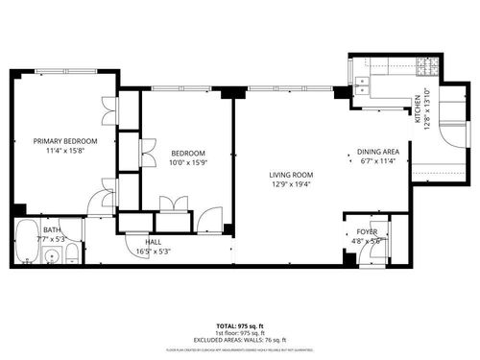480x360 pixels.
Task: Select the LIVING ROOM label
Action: point(292,174)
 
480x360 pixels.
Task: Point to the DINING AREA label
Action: point(377,152)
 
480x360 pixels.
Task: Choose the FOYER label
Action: point(367,231)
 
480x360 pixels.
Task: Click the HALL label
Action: point(154,242)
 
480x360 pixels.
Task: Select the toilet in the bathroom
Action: point(74,255)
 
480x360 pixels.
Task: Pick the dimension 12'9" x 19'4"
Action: point(292,183)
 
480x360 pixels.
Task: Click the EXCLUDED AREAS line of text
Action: point(239,341)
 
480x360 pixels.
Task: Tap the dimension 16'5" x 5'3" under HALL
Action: point(154,252)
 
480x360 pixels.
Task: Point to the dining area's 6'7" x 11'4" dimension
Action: point(377,161)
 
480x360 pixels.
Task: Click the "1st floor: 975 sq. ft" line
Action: point(239,335)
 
